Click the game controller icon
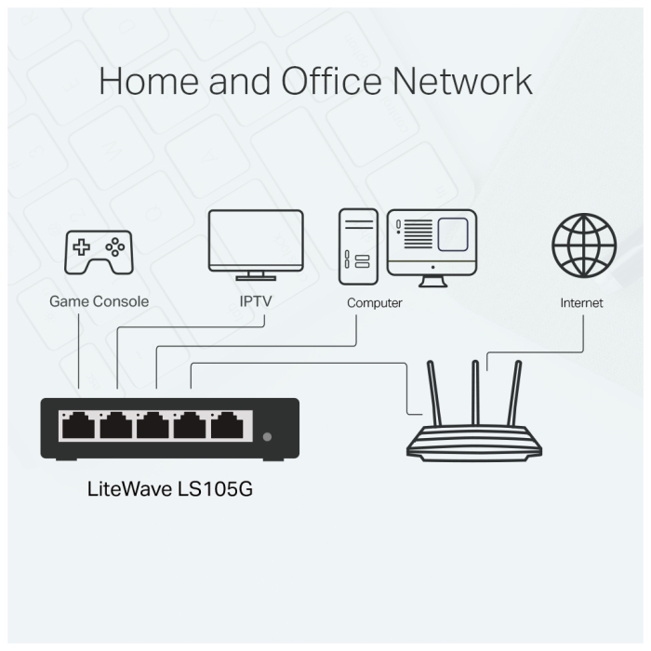click(98, 253)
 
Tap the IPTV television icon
click(255, 242)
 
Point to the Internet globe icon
click(583, 246)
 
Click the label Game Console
click(99, 302)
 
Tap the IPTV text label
click(255, 302)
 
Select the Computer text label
click(374, 303)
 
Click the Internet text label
click(581, 303)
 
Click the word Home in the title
click(147, 81)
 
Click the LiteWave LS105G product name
click(169, 488)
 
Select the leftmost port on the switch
click(78, 427)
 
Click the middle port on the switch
click(153, 427)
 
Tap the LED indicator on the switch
click(268, 436)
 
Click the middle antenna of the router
click(473, 395)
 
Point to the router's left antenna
click(435, 395)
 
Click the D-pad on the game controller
click(82, 247)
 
